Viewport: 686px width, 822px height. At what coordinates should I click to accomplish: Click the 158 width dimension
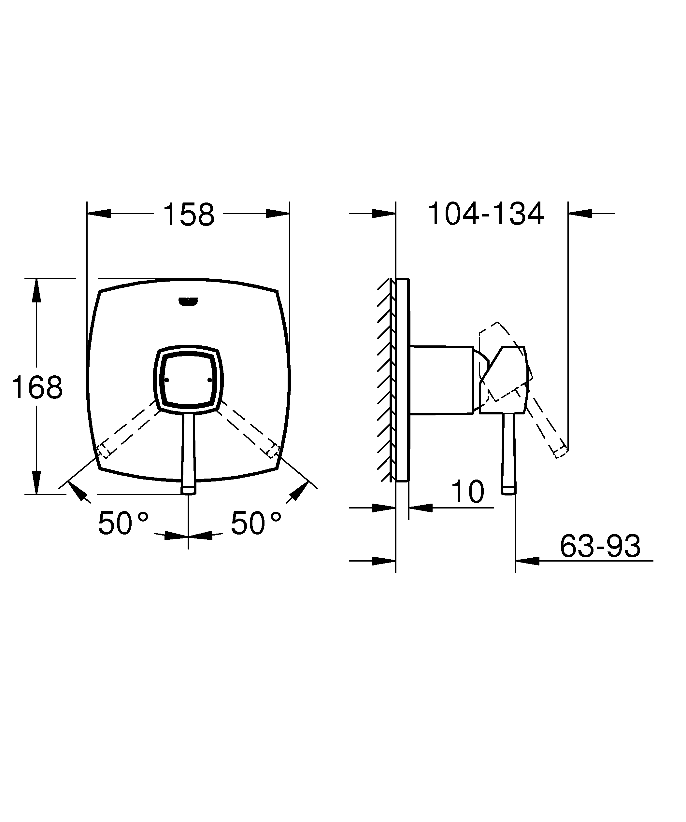point(188,215)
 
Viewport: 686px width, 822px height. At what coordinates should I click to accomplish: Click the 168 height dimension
point(37,387)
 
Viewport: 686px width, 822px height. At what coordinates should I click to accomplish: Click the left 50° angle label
point(123,523)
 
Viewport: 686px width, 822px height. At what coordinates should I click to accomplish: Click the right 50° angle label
point(256,523)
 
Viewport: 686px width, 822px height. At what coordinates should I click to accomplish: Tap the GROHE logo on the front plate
point(188,301)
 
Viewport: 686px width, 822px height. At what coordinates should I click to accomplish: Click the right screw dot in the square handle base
point(210,380)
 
